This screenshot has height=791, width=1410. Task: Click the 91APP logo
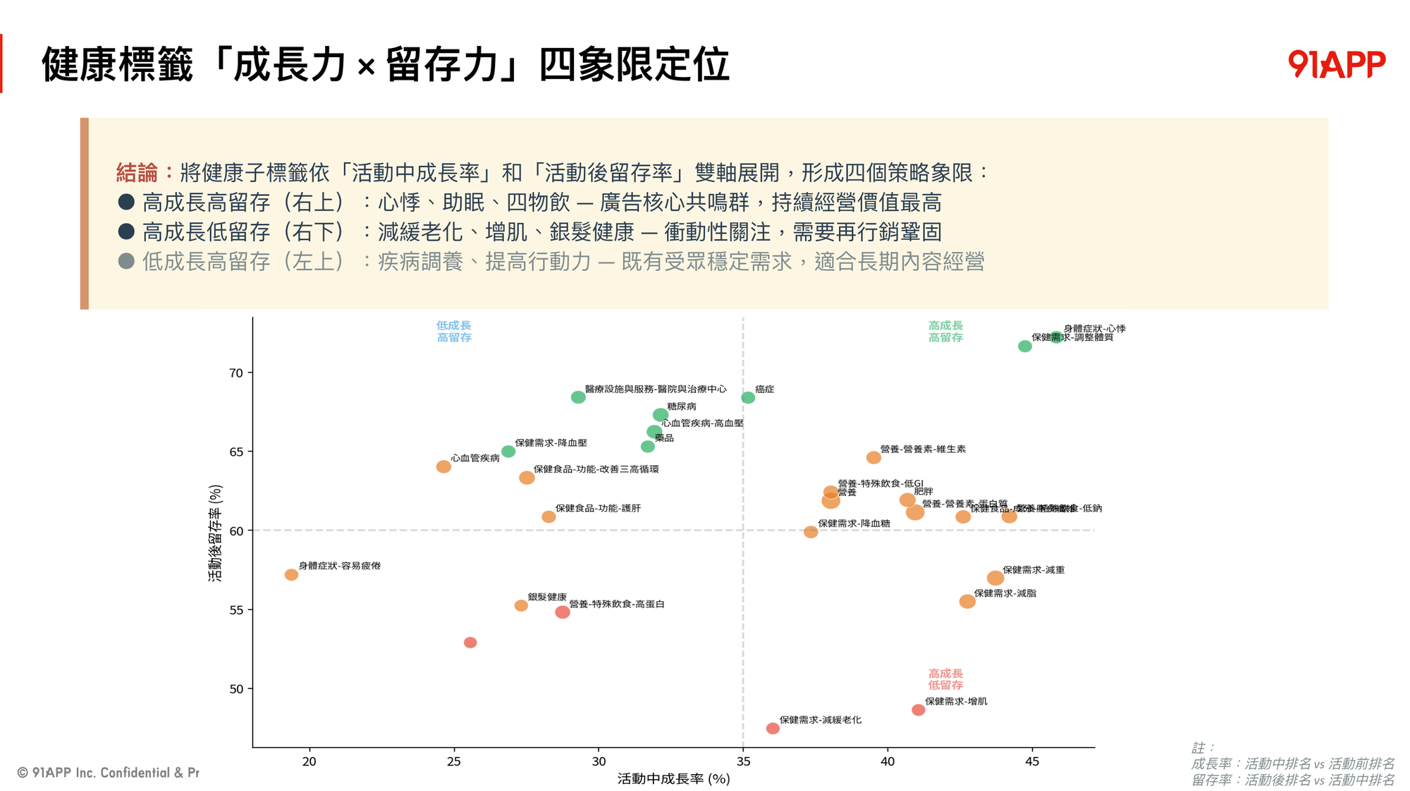click(1336, 64)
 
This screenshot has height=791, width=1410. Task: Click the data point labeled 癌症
click(748, 398)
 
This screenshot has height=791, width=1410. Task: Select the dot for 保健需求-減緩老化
click(773, 728)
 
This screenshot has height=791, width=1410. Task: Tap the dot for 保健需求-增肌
click(918, 710)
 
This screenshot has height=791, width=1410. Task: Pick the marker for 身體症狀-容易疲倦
click(291, 575)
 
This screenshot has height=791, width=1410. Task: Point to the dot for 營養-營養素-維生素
click(873, 458)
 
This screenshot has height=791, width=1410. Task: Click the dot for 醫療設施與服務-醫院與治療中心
click(578, 397)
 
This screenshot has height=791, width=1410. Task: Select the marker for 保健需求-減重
click(995, 578)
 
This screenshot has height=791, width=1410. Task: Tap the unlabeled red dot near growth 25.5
click(470, 643)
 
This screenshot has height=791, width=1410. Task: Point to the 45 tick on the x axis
click(1032, 761)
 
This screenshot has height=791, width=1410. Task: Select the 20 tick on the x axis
click(309, 761)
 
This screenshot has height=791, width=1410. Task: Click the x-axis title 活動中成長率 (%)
click(673, 779)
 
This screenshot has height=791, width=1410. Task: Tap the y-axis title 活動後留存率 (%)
click(215, 533)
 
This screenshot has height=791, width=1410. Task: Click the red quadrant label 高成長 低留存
click(945, 680)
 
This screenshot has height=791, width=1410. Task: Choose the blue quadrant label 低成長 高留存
click(454, 332)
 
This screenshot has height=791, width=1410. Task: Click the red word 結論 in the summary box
click(137, 173)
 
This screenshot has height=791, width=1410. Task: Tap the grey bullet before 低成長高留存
click(126, 262)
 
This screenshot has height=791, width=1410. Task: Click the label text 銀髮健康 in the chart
click(547, 597)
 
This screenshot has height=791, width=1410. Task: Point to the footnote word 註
click(1198, 747)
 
